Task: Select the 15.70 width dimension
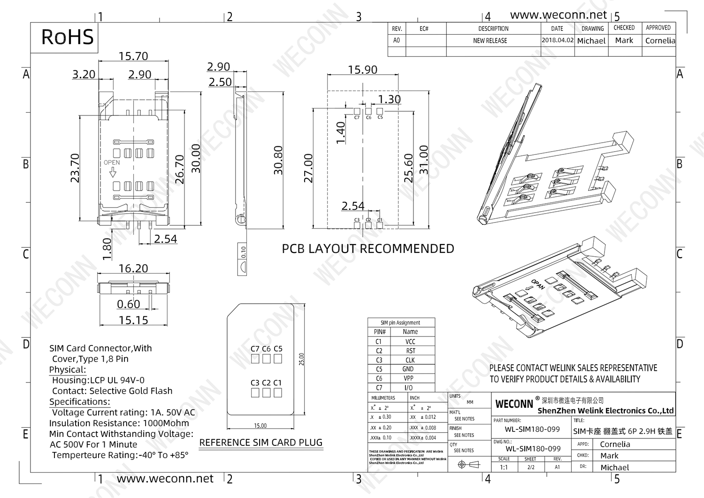[133, 56]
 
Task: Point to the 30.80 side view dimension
[278, 160]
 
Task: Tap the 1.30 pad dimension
[389, 100]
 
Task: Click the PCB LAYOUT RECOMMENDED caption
[367, 249]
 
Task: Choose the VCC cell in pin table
[410, 342]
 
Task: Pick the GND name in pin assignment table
[408, 369]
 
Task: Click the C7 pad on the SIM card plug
[255, 359]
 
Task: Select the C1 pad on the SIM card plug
[278, 392]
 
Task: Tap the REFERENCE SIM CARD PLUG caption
[261, 443]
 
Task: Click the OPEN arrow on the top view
[112, 173]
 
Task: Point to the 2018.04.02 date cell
[558, 40]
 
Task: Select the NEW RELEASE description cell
[490, 41]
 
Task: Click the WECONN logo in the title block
[514, 404]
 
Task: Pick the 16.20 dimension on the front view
[133, 268]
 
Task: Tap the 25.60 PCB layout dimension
[408, 168]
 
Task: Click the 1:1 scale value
[504, 467]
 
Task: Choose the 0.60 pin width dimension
[129, 304]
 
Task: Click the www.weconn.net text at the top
[559, 15]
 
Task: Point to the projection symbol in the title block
[469, 465]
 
